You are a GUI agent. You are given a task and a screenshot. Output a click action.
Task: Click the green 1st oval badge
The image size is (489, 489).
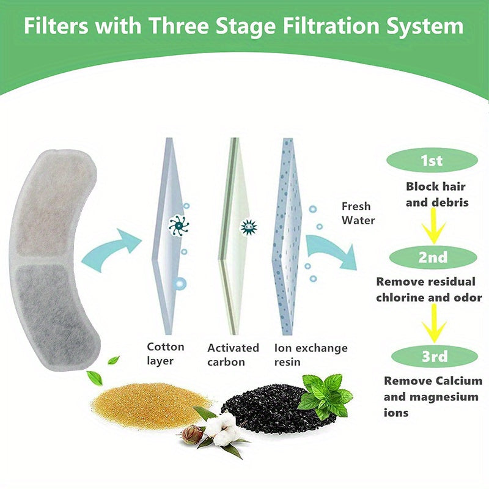coord(432,161)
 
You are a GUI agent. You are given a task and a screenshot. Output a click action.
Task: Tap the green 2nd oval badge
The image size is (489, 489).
coord(432,257)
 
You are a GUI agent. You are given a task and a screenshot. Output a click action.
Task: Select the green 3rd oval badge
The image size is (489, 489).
coord(432,356)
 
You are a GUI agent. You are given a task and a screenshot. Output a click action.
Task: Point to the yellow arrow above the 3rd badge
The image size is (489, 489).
coord(434,323)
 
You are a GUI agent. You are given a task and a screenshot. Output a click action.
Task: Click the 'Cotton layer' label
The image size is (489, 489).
coord(165,354)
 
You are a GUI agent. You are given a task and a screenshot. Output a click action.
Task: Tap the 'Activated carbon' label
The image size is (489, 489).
coord(233,355)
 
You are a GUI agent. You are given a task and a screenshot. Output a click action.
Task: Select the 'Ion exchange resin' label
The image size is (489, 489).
coord(311,355)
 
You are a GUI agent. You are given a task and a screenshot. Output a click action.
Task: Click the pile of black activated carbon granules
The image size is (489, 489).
coord(263,406)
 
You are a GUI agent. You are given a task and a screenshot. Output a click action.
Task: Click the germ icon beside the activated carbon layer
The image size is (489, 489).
coord(249,227)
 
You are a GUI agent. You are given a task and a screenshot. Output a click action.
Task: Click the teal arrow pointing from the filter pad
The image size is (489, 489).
coord(110,248)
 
